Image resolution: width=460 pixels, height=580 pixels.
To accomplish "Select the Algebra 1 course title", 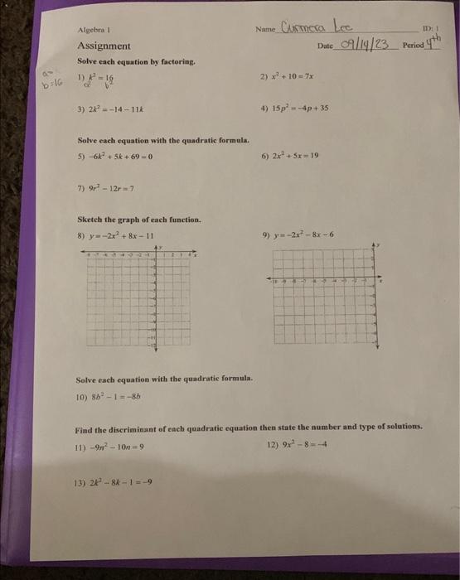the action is (94, 30).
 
